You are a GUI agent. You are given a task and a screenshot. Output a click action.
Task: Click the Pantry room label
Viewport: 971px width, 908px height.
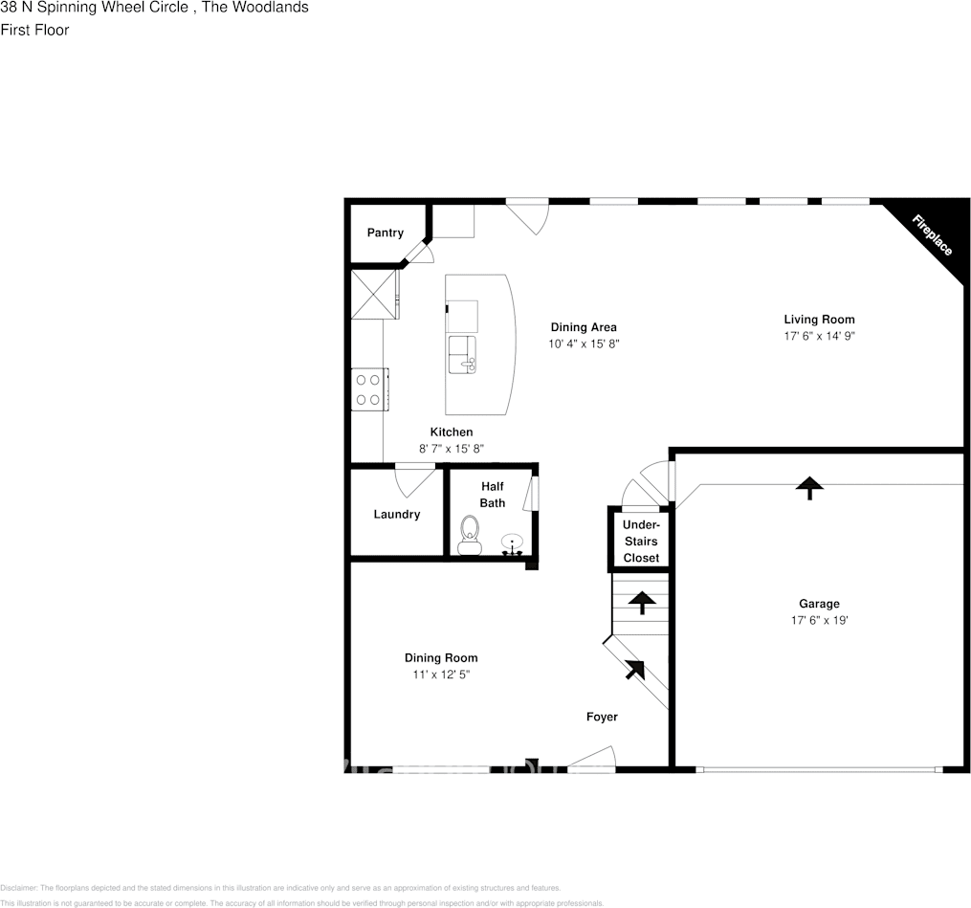click(385, 233)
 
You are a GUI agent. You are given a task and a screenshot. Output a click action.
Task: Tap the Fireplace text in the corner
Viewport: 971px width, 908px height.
click(931, 234)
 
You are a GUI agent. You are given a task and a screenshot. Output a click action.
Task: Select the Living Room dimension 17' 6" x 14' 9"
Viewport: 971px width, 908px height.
click(819, 337)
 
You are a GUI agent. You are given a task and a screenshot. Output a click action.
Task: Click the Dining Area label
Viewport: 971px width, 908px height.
click(583, 327)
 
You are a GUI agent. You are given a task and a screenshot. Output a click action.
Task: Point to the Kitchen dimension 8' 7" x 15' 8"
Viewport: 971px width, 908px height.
click(452, 449)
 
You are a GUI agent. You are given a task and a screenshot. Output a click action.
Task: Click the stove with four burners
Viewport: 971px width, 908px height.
click(368, 389)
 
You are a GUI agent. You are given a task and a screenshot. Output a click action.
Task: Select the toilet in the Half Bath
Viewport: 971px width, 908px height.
click(469, 535)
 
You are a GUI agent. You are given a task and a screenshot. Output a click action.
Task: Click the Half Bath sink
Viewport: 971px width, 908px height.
click(513, 544)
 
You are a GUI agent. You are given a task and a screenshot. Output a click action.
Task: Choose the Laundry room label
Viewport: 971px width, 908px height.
click(396, 514)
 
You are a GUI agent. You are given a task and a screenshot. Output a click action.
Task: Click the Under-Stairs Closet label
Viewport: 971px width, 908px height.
click(640, 542)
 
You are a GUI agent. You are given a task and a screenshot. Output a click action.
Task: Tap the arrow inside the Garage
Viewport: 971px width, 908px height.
click(809, 488)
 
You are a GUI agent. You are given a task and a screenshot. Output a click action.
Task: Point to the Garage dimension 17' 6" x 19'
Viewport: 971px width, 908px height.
click(819, 620)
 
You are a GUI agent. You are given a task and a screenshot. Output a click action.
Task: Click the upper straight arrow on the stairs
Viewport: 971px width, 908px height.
click(641, 602)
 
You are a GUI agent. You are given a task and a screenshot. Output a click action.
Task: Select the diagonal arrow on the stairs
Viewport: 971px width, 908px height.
click(634, 670)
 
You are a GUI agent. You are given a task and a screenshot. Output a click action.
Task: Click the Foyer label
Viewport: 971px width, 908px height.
click(602, 717)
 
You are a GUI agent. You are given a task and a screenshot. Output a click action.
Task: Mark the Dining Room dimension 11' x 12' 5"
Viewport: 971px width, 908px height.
click(440, 675)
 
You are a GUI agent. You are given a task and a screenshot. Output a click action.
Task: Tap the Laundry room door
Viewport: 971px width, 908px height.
click(415, 478)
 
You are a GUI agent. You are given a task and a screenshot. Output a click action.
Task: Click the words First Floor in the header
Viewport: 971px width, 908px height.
click(34, 30)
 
